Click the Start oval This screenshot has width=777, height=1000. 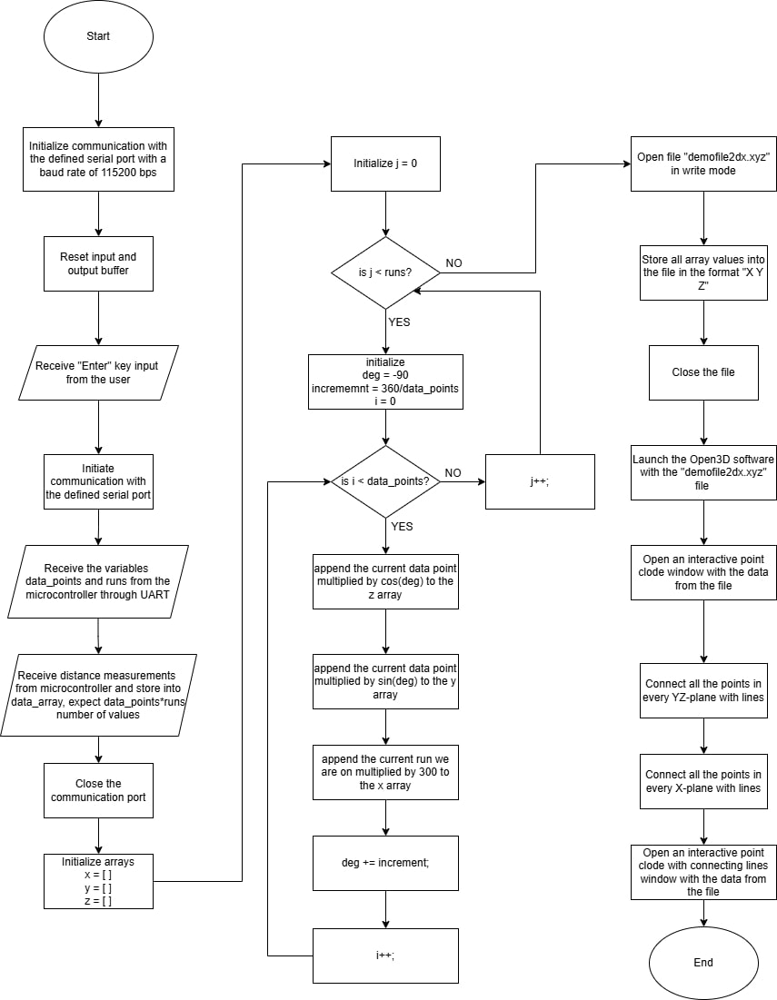pos(97,36)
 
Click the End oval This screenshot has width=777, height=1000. pos(702,962)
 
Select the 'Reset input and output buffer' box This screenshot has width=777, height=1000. pos(97,263)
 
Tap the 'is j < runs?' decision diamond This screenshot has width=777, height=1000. pos(385,272)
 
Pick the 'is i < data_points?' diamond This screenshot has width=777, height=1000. pos(385,481)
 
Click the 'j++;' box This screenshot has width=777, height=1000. pos(540,481)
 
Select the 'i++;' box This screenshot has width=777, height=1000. pos(385,955)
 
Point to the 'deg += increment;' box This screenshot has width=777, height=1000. pos(385,863)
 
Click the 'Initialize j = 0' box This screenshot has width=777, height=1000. pos(385,164)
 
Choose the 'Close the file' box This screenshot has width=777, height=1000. pos(702,372)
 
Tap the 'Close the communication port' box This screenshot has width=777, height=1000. pos(98,790)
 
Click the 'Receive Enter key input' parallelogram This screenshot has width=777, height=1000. pos(97,372)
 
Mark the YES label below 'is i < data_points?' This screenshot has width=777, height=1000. pos(401,525)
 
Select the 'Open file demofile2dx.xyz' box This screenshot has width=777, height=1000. pos(702,163)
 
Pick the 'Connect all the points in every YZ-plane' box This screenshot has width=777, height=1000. pos(702,690)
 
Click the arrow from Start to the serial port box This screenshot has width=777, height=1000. pos(97,100)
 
